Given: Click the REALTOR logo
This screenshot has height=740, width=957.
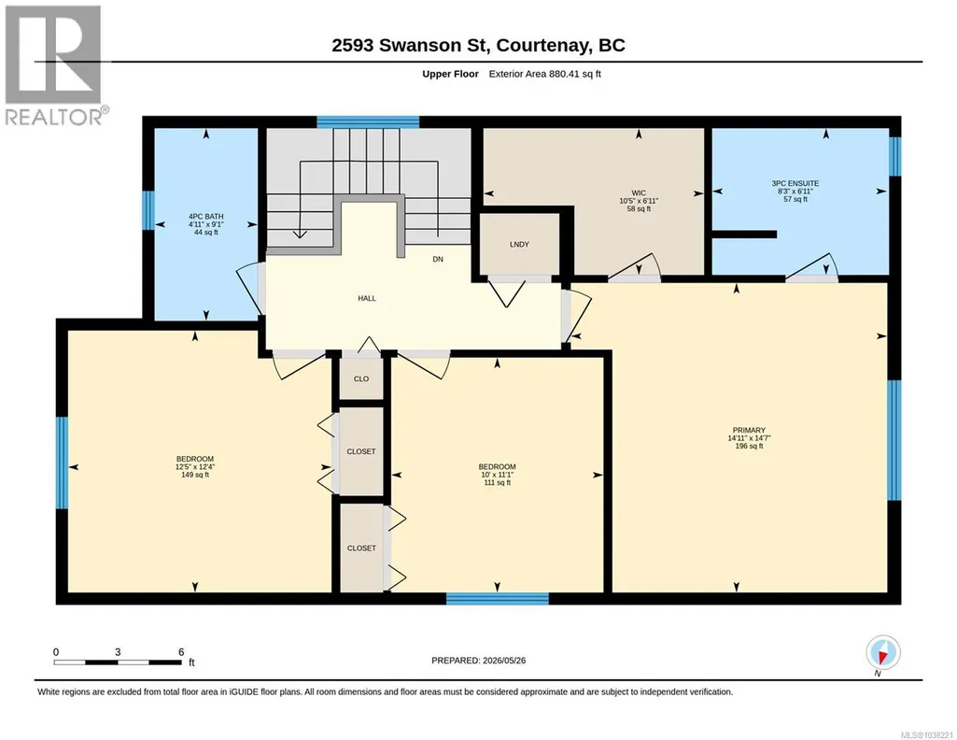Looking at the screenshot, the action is (x=54, y=65).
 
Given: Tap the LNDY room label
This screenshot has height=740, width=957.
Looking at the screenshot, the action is (x=519, y=244).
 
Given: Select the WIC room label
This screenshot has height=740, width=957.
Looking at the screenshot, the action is (x=639, y=192).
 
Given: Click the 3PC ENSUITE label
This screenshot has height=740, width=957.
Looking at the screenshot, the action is (x=795, y=183).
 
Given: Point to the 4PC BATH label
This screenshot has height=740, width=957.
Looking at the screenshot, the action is (x=205, y=216).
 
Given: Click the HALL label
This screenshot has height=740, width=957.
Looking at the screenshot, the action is (x=367, y=299).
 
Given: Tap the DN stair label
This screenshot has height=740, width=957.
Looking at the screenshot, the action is (x=438, y=259).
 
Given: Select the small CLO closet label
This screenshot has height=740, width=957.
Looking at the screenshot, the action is (x=361, y=378).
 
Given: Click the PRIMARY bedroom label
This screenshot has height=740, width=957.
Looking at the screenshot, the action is (x=748, y=430).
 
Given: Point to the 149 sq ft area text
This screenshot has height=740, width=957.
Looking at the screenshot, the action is (x=195, y=475).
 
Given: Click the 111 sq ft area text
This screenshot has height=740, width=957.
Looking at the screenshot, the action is (x=498, y=482).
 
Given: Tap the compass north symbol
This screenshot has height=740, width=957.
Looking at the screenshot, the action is (x=882, y=654).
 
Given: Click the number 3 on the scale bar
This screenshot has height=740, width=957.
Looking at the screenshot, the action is (x=118, y=652).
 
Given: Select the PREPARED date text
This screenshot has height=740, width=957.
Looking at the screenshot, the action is (x=478, y=660).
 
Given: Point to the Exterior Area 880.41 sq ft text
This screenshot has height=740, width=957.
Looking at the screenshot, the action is (x=545, y=74).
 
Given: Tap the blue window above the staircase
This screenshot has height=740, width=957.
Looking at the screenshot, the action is (x=368, y=122).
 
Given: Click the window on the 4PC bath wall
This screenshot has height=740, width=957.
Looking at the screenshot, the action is (x=148, y=210).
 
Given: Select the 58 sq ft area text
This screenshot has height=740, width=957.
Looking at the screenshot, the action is (x=639, y=208).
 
